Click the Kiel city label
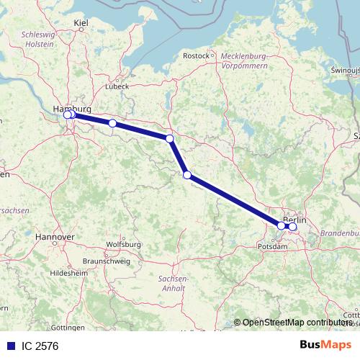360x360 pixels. [x=81, y=24]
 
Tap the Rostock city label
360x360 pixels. [x=196, y=55]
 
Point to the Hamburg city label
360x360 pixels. [x=72, y=108]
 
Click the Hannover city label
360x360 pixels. [x=55, y=236]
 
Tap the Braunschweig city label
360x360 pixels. [x=107, y=261]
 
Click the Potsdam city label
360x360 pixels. [x=272, y=246]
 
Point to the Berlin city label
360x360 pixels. [x=294, y=219]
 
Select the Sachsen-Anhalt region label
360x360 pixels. [x=173, y=283]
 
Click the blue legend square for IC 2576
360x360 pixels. [x=10, y=346]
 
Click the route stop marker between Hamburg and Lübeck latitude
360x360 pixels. [x=112, y=123]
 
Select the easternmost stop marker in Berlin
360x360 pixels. [x=292, y=227]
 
